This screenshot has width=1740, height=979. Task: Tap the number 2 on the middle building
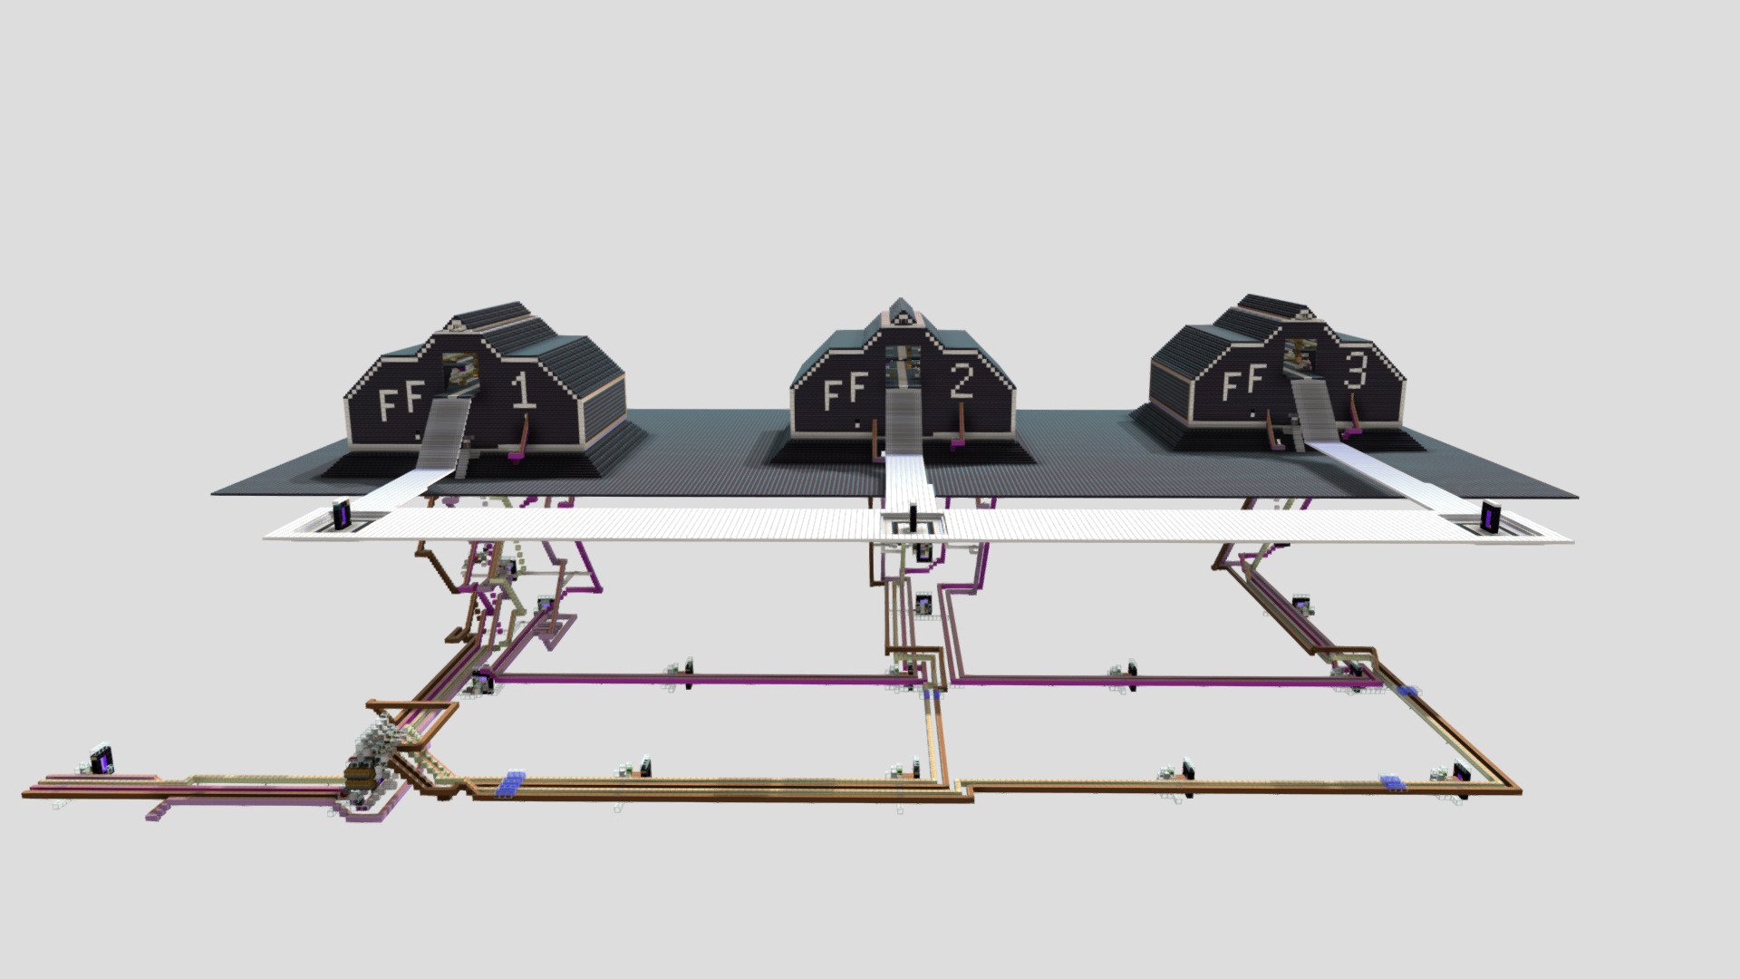962,383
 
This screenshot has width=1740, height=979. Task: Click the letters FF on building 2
846,392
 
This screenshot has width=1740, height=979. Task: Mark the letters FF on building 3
1242,382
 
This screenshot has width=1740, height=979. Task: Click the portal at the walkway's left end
343,515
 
